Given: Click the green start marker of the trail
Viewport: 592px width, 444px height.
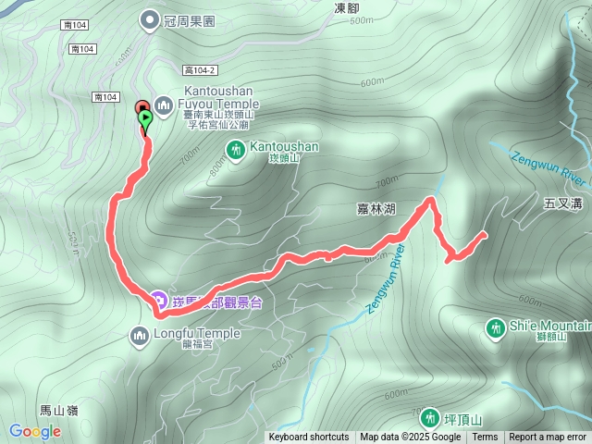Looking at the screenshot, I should click(x=145, y=118).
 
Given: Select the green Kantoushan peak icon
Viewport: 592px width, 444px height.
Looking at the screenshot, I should click(x=236, y=148).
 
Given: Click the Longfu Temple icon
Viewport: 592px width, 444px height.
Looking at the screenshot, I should click(x=141, y=334).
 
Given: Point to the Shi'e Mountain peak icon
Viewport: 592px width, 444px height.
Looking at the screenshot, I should click(x=495, y=327).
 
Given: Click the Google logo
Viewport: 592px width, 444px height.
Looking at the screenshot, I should click(x=35, y=431).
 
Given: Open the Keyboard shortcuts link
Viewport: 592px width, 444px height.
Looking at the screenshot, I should click(x=309, y=438).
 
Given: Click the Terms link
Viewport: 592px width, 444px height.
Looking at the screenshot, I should click(x=485, y=438).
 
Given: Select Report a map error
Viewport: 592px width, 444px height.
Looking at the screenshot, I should click(x=548, y=438).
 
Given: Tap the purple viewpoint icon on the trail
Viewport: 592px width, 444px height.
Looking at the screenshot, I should click(x=157, y=301).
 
